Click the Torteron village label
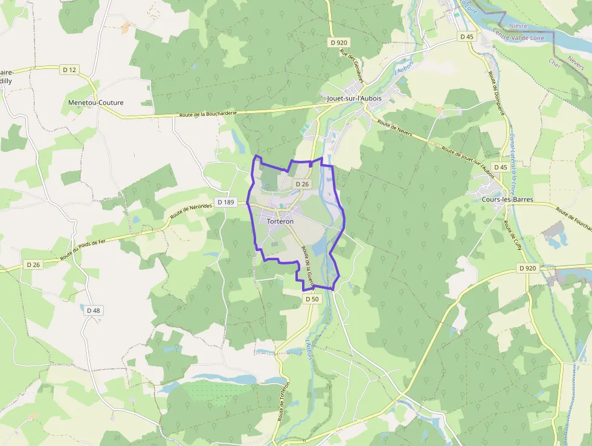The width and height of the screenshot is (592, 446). click(x=280, y=221)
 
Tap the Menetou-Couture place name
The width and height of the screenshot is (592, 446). click(x=96, y=103)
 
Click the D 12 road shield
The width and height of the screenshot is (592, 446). click(x=69, y=70)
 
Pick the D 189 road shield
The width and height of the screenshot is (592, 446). click(x=225, y=202)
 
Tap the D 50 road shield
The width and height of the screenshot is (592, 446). click(x=311, y=299)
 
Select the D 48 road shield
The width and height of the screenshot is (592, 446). click(x=93, y=310)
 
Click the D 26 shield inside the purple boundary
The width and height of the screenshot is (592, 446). click(x=301, y=184)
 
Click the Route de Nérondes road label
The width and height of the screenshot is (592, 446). click(x=191, y=211)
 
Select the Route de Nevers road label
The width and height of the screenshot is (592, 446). click(x=394, y=130)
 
